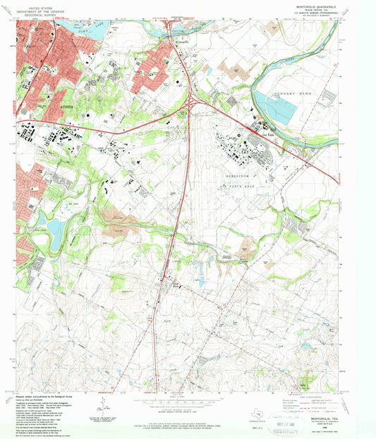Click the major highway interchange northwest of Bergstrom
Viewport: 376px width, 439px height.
tap(195, 103)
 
